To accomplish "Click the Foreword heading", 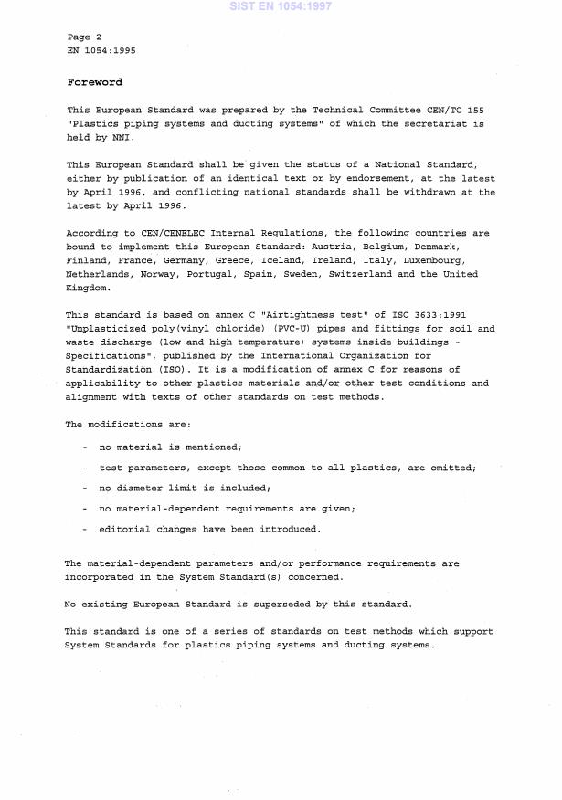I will pyautogui.click(x=94, y=82).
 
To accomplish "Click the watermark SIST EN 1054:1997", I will pyautogui.click(x=281, y=6).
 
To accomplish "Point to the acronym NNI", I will pyautogui.click(x=123, y=138).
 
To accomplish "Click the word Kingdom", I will pyautogui.click(x=87, y=288).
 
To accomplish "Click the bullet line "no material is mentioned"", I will pyautogui.click(x=170, y=447).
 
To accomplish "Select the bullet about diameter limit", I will pyautogui.click(x=185, y=488).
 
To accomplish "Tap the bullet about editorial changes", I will pyautogui.click(x=209, y=529).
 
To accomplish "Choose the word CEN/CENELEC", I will pyautogui.click(x=167, y=233).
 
